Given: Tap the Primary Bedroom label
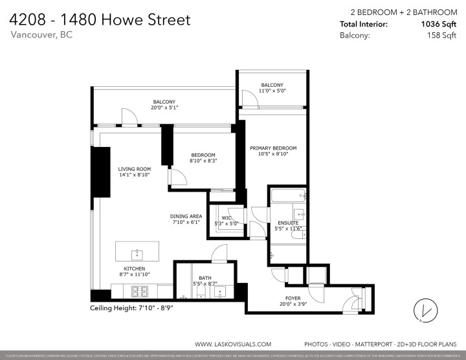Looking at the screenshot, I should [x=273, y=148].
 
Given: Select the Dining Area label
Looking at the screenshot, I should [x=186, y=216].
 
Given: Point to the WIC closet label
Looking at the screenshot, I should [x=227, y=218].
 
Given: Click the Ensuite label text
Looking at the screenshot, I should [x=287, y=223].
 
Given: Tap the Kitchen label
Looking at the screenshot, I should [x=135, y=269].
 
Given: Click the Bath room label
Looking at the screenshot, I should [x=205, y=278].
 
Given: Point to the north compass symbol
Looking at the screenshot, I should [x=424, y=311].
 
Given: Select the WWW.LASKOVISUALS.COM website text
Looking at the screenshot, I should [x=233, y=344].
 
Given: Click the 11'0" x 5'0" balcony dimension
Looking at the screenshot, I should [x=272, y=91].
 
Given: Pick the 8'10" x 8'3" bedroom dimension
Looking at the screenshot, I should [x=203, y=161].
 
